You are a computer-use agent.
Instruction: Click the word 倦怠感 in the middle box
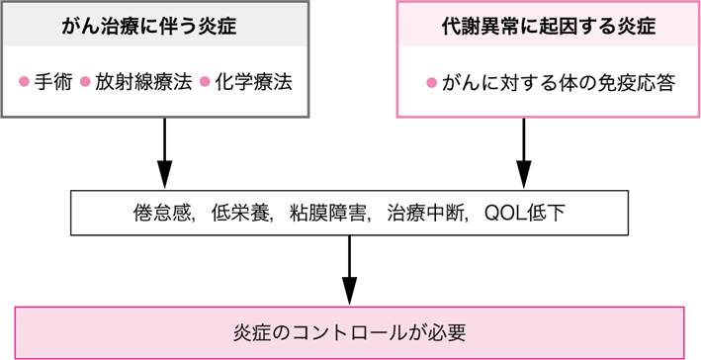point(157,214)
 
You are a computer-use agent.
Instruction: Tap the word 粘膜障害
point(323,214)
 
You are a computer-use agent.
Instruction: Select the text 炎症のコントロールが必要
point(352,330)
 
